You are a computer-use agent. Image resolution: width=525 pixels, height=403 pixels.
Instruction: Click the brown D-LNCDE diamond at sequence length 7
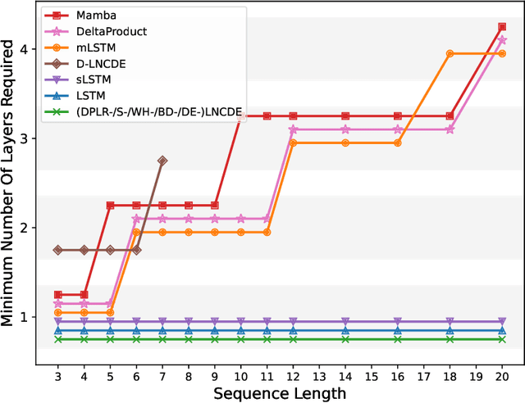[x=162, y=161]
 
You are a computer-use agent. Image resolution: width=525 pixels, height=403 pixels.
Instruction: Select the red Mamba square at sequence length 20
[x=502, y=27]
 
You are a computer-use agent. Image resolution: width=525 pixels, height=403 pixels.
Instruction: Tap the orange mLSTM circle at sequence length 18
[x=450, y=53]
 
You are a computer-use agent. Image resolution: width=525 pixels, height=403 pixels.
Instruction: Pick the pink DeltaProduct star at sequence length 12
[x=293, y=129]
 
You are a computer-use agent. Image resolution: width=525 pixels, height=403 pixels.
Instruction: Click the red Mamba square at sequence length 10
[x=240, y=116]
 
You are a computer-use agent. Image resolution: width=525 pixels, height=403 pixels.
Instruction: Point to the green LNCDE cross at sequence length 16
[x=397, y=338]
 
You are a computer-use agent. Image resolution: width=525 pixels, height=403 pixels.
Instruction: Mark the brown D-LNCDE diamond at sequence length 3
[x=57, y=250]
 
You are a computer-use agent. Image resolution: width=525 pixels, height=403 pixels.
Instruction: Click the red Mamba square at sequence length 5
[x=110, y=206]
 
